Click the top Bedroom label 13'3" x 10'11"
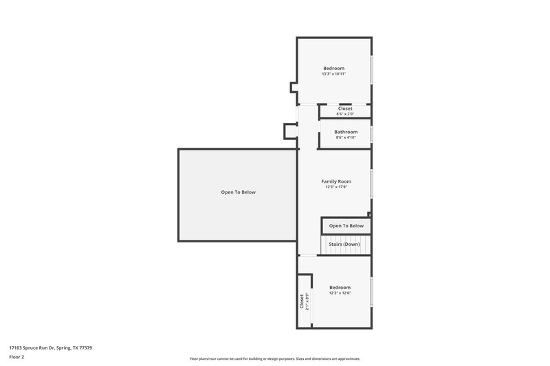click(x=333, y=69)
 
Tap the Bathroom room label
click(x=346, y=132)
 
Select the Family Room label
click(x=336, y=181)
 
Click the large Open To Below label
click(x=238, y=192)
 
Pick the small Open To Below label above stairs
click(x=346, y=226)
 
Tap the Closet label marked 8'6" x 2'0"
click(x=345, y=108)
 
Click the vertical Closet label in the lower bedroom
click(x=301, y=301)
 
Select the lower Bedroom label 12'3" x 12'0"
click(x=340, y=287)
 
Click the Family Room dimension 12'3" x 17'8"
click(x=336, y=187)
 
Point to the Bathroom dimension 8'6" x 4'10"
click(x=346, y=137)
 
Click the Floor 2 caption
click(x=16, y=357)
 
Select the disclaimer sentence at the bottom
click(x=275, y=358)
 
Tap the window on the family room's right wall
click(x=372, y=183)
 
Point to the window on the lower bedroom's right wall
click(x=372, y=291)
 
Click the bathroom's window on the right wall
click(x=372, y=133)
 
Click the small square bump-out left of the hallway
click(x=290, y=130)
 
